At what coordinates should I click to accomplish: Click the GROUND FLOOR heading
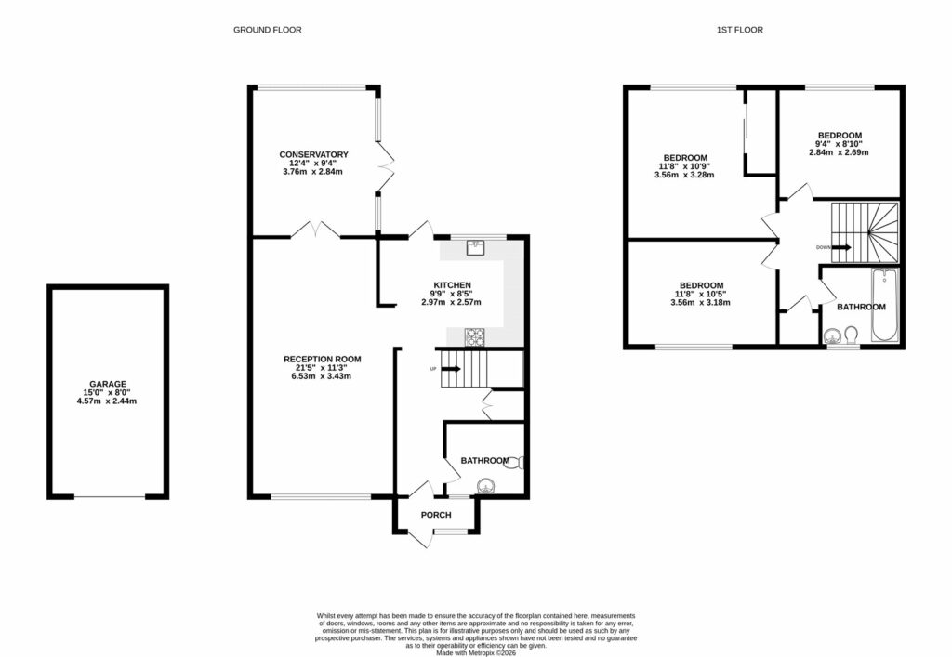(267, 30)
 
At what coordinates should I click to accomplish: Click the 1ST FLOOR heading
(739, 30)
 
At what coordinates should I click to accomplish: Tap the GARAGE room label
(108, 383)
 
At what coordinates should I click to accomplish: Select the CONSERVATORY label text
(313, 154)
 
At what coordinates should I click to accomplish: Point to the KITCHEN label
(452, 284)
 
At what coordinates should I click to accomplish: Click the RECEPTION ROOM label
(322, 359)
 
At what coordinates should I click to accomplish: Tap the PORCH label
(436, 515)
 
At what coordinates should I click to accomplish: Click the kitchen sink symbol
(476, 246)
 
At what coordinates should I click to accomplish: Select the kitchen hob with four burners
(475, 336)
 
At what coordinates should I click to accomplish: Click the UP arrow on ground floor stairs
(449, 369)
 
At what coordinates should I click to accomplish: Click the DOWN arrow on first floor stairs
(840, 247)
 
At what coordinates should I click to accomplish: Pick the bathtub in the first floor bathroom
(883, 307)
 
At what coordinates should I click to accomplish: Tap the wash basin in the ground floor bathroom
(484, 485)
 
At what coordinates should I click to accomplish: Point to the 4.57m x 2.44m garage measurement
(108, 401)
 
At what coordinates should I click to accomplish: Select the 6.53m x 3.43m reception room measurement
(322, 376)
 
